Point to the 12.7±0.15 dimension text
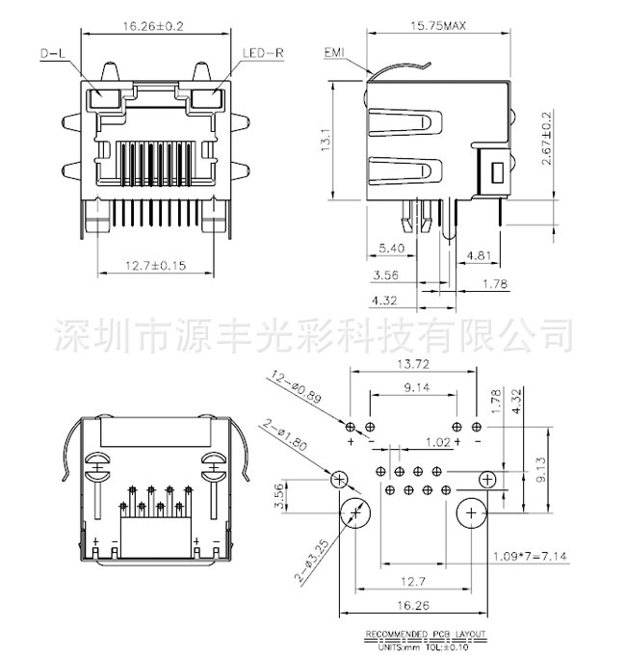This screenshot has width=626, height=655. click(153, 266)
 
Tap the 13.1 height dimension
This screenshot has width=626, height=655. click(327, 142)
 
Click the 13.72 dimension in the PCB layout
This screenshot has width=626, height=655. click(412, 364)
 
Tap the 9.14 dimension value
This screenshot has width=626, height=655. click(416, 387)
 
